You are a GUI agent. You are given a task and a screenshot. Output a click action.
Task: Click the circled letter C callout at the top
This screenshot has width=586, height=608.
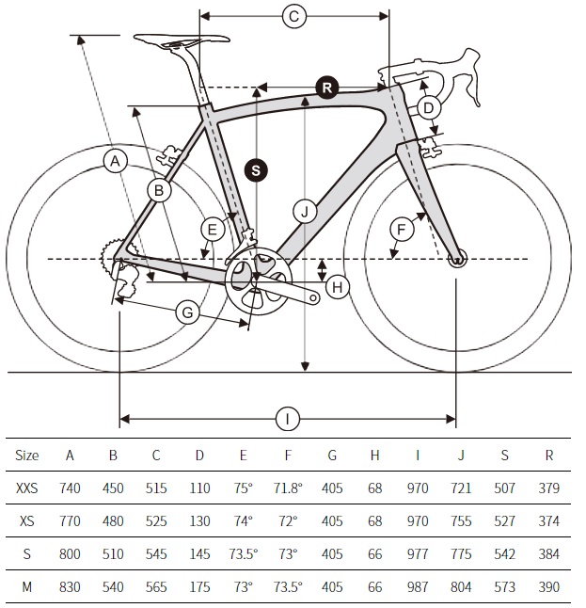click(294, 16)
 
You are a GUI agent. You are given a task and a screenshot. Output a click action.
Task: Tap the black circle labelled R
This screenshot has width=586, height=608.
click(327, 88)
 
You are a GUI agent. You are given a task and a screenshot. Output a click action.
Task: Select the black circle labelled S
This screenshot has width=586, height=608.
click(256, 170)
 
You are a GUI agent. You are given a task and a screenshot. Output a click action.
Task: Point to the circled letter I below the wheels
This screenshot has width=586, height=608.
click(288, 419)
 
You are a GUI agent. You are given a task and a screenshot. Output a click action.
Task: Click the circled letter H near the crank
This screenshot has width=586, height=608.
click(337, 287)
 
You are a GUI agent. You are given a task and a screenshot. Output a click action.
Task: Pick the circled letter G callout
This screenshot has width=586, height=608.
click(187, 312)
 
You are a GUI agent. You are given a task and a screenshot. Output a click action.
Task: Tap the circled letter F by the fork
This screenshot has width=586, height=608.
click(402, 230)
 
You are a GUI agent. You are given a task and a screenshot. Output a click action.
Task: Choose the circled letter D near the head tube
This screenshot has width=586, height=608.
click(428, 107)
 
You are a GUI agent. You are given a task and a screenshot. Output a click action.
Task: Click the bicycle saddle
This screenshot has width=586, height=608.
click(182, 40)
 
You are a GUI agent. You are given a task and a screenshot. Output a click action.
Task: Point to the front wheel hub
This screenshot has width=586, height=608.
click(457, 259)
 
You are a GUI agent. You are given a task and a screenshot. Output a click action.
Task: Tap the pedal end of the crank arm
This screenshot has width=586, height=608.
click(314, 298)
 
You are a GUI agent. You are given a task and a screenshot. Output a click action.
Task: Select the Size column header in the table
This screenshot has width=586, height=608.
click(26, 456)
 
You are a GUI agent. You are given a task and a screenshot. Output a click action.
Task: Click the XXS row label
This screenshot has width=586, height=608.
click(26, 488)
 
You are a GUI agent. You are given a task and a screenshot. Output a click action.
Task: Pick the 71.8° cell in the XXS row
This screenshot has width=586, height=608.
click(288, 488)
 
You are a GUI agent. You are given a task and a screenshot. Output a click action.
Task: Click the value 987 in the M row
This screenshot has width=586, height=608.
click(418, 586)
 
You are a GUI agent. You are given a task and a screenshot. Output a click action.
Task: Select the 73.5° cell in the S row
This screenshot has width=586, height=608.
click(243, 553)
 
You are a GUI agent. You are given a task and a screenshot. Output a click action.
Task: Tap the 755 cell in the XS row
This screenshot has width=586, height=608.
click(461, 520)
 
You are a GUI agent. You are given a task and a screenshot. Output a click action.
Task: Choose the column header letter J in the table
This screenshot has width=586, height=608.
click(461, 456)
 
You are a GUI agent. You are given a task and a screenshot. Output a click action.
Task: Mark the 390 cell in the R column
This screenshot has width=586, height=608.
click(548, 586)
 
